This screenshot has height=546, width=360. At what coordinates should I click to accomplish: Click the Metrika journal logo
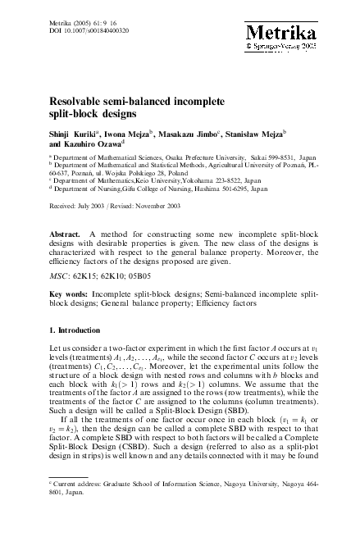point(278,31)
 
